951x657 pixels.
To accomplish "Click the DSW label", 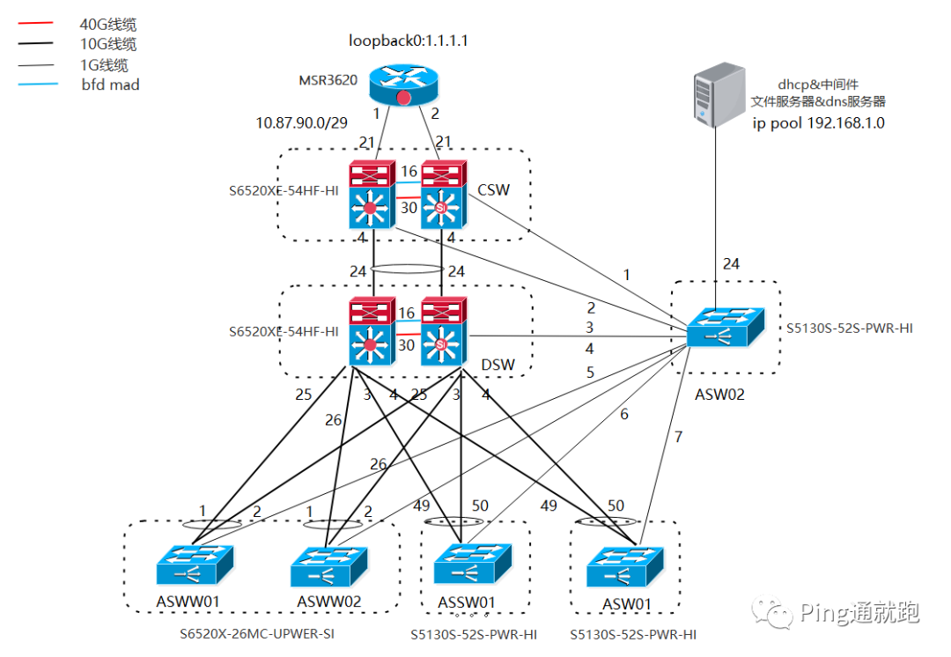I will pos(498,365).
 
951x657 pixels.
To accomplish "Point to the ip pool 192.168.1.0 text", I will pos(818,123).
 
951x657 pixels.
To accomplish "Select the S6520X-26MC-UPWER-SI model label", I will pos(257,632).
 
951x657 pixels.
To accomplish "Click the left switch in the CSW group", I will pos(371,196).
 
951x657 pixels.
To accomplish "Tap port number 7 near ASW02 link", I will pos(678,437).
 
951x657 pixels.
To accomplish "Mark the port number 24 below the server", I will pos(732,263).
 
